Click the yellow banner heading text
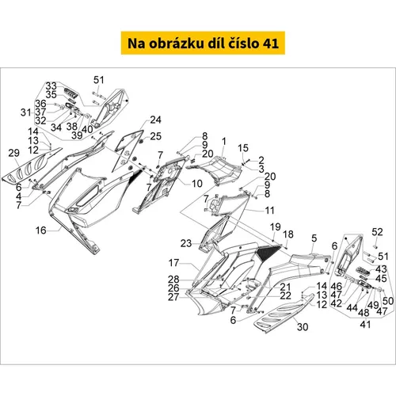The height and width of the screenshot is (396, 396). point(203,44)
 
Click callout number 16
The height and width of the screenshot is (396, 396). point(41,230)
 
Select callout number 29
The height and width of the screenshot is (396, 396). point(14,153)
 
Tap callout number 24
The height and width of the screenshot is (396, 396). point(155,120)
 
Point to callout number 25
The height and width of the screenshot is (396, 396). point(155,136)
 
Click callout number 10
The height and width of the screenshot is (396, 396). point(197,184)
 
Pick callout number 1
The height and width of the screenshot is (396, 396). point(224,142)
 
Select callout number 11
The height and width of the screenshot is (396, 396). point(269,211)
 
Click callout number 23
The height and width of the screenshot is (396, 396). point(186,243)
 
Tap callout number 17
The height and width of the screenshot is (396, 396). point(173,263)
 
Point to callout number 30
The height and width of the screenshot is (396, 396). point(303,327)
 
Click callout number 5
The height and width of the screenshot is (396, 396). point(314,238)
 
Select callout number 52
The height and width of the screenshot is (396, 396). point(377,232)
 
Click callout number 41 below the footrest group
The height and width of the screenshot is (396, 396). point(365,324)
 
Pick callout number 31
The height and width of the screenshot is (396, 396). point(26,112)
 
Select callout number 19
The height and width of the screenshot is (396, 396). point(275,227)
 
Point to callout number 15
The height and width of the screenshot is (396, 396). point(243,148)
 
